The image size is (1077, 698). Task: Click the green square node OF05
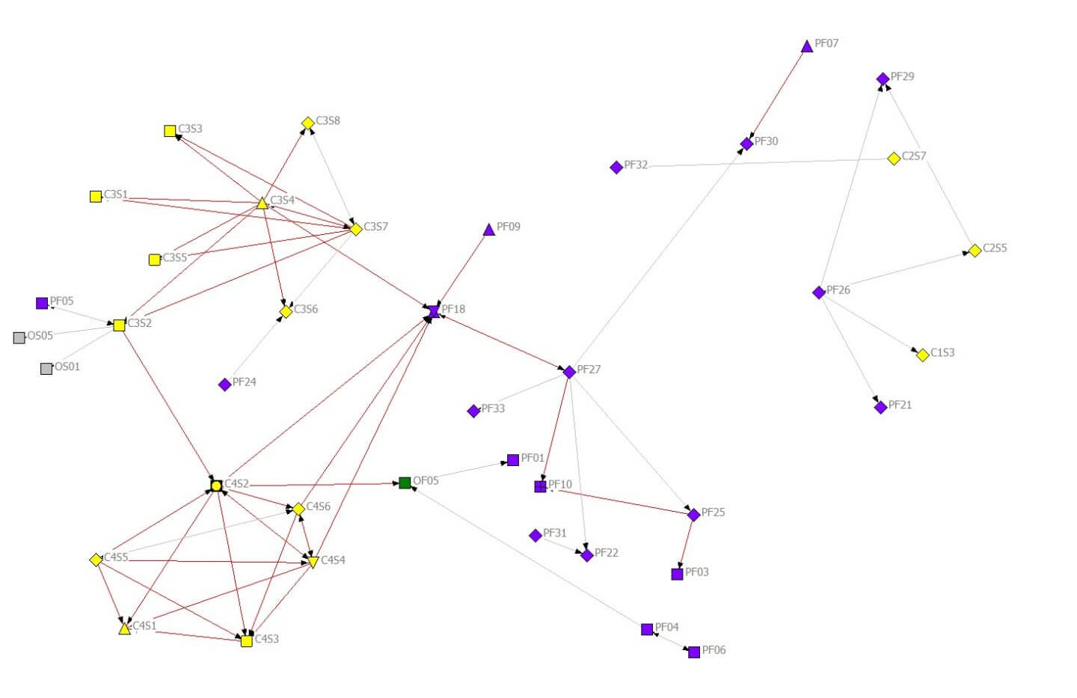point(405,483)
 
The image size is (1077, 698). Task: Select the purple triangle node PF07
point(806,47)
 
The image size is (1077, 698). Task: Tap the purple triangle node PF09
point(488,230)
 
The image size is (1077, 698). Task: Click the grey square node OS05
point(19,337)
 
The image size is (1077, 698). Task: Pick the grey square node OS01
point(46,368)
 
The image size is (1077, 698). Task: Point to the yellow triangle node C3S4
point(262,203)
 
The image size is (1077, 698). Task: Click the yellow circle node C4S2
point(216,486)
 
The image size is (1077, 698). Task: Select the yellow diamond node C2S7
point(893,159)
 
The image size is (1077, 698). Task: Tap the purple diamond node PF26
point(819,293)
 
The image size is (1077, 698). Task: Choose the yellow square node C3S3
point(170,131)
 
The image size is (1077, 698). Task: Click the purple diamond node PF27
point(569,372)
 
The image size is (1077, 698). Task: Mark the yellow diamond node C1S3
point(922,355)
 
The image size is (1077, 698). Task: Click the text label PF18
point(453,309)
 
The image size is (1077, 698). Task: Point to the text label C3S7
point(375,227)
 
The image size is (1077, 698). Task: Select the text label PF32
point(636,165)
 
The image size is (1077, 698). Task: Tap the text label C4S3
point(266,639)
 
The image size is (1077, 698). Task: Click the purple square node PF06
point(694,652)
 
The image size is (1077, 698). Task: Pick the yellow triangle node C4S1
point(124,628)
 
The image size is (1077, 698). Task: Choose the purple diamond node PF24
point(224,385)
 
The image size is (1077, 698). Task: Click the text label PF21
point(900,405)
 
